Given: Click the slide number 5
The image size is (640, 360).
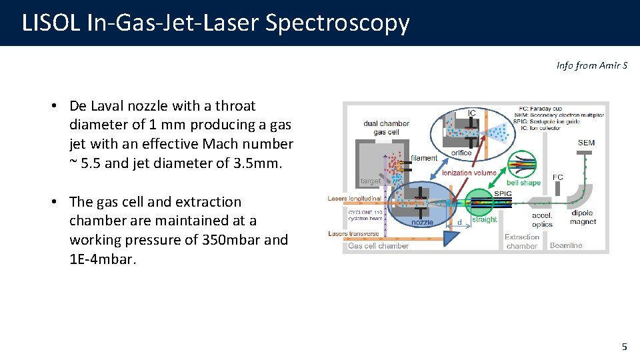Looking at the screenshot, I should [624, 347].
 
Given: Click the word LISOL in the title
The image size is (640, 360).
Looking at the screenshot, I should [51, 23].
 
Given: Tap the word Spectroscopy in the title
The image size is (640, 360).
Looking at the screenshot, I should [337, 23].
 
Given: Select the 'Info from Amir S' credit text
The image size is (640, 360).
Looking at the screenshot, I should [591, 65].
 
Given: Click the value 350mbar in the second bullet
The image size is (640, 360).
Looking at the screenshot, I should [232, 240].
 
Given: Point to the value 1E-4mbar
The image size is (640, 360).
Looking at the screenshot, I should [103, 259].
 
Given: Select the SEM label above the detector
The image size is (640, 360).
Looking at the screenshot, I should [587, 143].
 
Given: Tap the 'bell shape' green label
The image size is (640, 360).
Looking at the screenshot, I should [523, 183].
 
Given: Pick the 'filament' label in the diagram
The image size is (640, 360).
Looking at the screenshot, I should [424, 158].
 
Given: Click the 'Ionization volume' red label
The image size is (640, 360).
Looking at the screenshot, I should [469, 173].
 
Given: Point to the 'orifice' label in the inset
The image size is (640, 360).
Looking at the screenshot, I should [461, 153].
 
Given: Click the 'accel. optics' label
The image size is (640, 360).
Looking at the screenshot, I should [542, 220].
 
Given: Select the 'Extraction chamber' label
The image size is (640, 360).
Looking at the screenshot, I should [521, 241].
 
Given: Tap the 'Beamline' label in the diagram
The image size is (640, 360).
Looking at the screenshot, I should [566, 245].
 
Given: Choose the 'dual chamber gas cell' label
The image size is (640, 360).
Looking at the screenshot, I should [386, 127].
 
